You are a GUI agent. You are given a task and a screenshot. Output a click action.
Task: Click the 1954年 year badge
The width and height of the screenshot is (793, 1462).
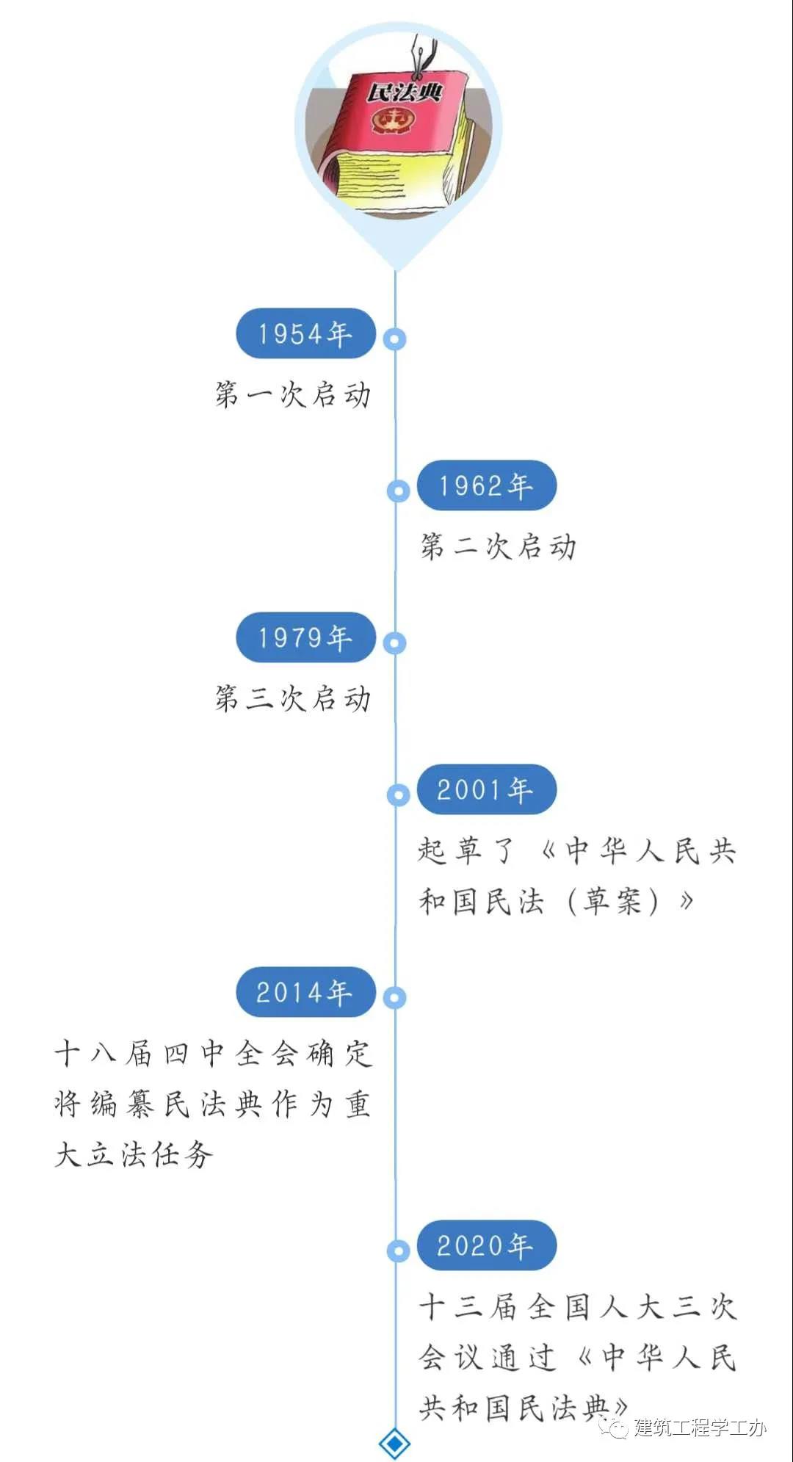(305, 334)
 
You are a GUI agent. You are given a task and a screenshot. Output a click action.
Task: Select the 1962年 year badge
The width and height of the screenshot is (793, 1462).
(487, 485)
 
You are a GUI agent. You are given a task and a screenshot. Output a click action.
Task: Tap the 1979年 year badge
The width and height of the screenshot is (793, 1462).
(305, 637)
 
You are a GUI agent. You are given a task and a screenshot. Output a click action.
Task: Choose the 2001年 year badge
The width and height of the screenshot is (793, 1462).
(487, 789)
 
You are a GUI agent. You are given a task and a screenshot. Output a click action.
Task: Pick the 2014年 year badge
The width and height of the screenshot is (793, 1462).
(305, 992)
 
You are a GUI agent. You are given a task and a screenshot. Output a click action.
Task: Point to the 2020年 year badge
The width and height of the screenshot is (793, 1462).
(487, 1245)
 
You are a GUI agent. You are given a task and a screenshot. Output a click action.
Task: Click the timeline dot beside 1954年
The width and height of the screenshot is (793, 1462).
(395, 339)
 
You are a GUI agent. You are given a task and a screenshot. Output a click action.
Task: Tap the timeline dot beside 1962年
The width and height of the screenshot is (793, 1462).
(398, 491)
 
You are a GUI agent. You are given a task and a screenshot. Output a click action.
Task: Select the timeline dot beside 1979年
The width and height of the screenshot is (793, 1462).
(395, 643)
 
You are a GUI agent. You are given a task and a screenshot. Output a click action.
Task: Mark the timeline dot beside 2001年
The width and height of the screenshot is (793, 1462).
(398, 795)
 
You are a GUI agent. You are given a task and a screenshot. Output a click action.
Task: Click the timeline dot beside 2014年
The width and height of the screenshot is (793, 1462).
(395, 997)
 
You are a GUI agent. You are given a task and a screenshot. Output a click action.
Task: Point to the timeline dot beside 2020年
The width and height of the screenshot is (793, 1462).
(398, 1251)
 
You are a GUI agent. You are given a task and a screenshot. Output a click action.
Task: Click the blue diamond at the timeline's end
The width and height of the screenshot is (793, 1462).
(395, 1444)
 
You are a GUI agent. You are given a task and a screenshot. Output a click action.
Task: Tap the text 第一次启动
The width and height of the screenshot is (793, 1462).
(293, 395)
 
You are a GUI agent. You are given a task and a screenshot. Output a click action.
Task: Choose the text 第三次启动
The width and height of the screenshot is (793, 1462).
(293, 698)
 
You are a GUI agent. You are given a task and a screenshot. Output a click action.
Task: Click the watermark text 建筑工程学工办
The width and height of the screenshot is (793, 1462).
(700, 1427)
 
